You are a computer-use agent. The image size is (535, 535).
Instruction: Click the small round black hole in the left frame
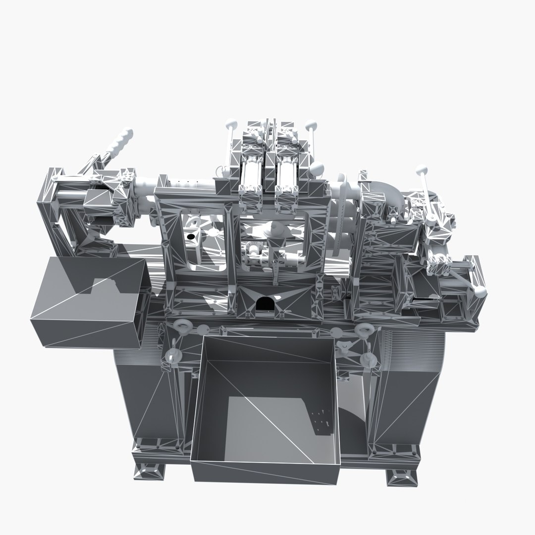point(189,237)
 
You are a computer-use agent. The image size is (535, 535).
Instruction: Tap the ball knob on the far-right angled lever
point(480,291)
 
